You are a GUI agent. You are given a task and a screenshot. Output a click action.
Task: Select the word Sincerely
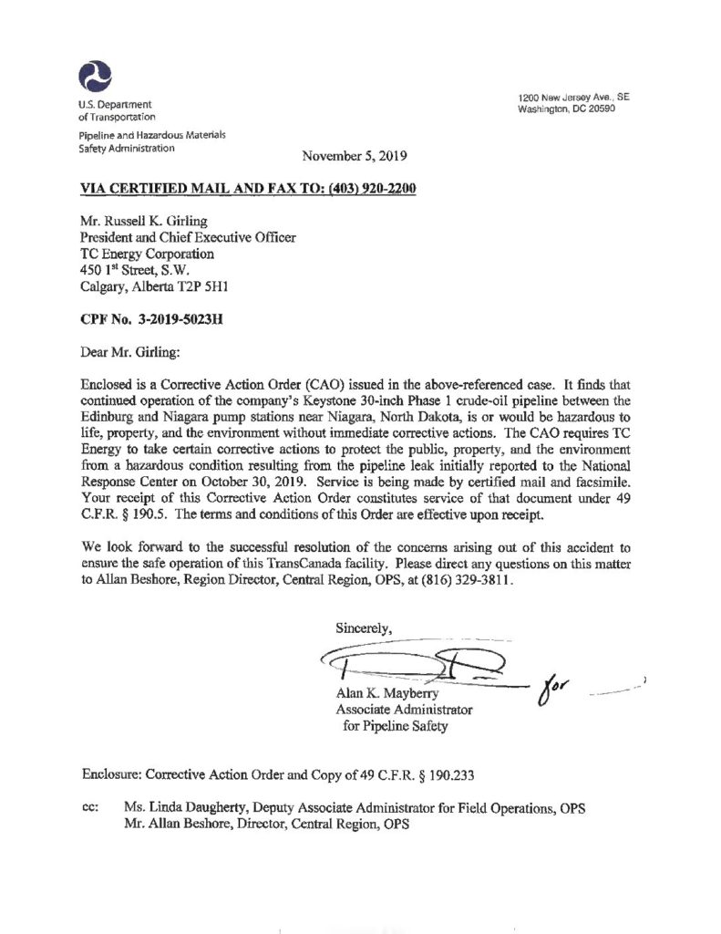click(x=364, y=627)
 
